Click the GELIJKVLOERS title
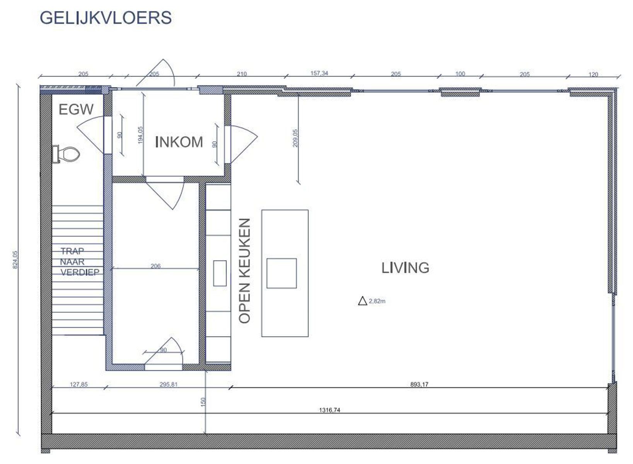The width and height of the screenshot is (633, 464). pos(106,18)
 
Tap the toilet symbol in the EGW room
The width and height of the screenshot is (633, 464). pos(67,154)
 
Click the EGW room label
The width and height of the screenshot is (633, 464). pos(76,110)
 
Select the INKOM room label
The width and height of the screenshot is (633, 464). pos(179,142)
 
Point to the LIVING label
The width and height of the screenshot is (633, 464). pos(405,268)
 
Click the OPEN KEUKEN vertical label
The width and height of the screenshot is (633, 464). pos(244,271)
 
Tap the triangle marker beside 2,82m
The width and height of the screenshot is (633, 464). pos(362,301)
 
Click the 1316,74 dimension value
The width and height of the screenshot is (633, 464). pos(329,410)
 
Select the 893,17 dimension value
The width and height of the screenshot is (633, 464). pos(419,384)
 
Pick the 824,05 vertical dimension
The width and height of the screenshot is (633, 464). pos(15,259)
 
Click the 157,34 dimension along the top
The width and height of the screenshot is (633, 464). pos(319,73)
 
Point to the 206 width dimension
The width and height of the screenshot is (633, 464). pos(155,266)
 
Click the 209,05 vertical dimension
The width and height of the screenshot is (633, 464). pos(295,138)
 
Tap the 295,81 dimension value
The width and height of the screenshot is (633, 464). pos(168,384)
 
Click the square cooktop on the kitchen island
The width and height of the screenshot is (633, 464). pos(282,273)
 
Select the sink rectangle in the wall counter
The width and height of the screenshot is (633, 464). pos(220,273)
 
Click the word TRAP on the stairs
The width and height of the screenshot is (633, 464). pos(72,251)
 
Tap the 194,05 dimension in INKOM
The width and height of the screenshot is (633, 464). pos(140,135)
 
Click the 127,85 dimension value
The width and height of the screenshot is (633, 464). pos(78,384)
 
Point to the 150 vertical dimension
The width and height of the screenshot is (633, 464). pos(203,402)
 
